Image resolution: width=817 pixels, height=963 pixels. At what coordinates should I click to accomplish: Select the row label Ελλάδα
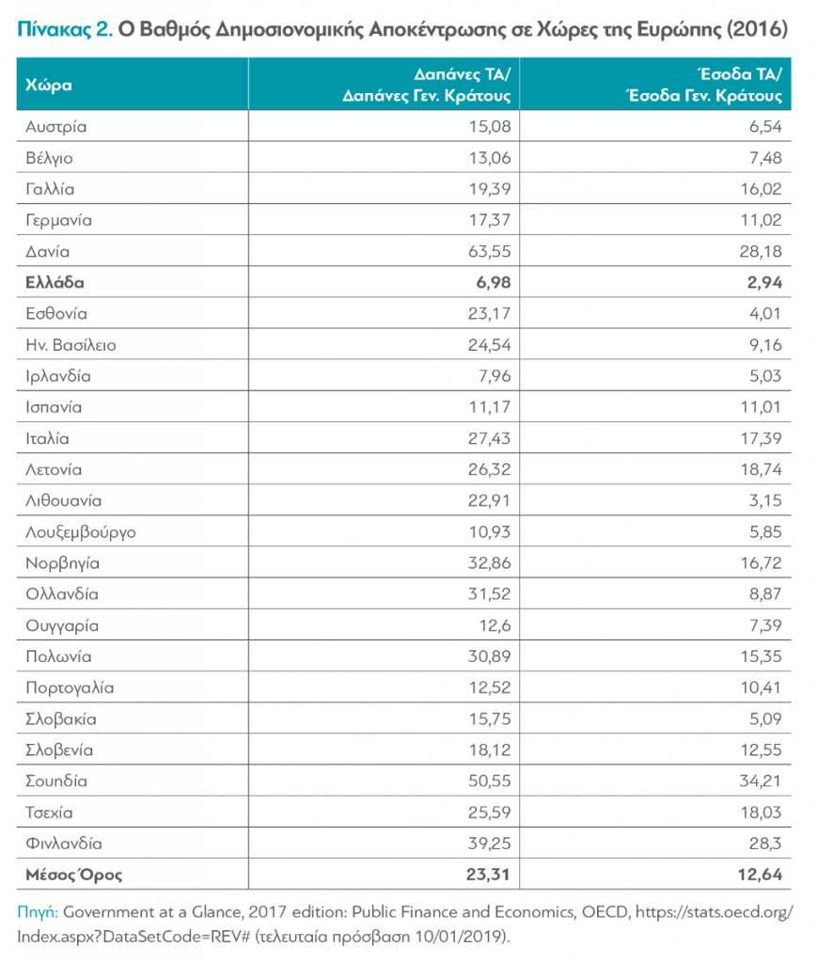tap(55, 282)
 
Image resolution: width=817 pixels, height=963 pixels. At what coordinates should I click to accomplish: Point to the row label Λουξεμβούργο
tap(82, 532)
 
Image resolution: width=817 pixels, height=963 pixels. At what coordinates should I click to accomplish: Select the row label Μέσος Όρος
tap(74, 876)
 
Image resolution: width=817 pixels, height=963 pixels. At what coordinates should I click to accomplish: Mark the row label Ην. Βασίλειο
tap(71, 345)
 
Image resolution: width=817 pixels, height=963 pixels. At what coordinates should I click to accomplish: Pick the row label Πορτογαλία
tap(71, 687)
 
